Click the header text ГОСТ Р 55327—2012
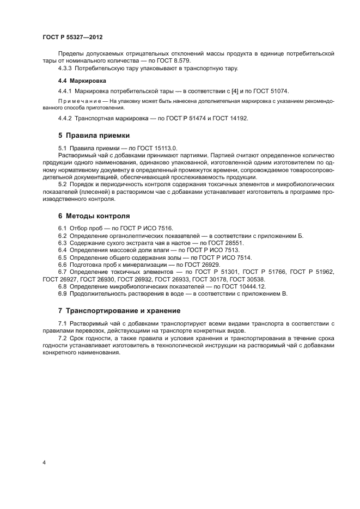[72, 36]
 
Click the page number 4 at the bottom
[44, 463]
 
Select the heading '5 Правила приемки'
[94, 135]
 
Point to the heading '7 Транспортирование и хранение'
[119, 311]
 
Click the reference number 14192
[237, 119]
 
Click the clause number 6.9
[63, 294]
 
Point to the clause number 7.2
[63, 338]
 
